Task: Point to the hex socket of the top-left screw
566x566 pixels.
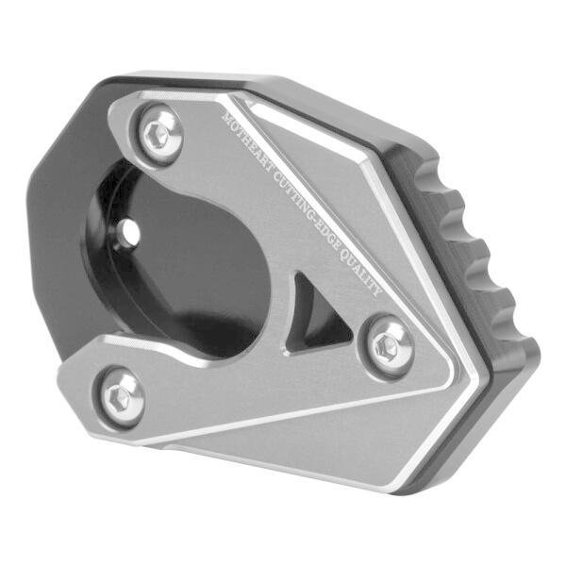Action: (158, 133)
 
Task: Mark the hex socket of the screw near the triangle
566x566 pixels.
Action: (386, 346)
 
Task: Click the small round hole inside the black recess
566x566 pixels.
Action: (131, 229)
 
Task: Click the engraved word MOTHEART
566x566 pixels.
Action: (246, 143)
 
